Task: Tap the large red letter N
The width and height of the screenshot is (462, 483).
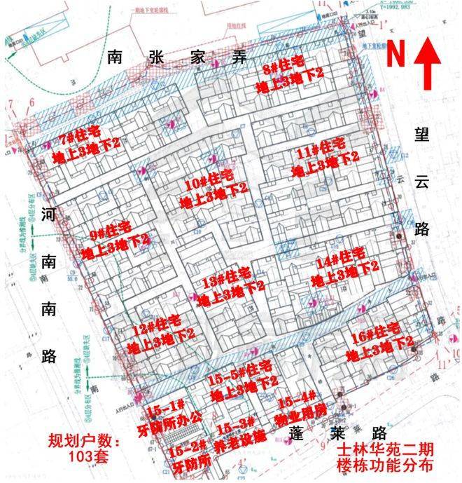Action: tap(397, 53)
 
